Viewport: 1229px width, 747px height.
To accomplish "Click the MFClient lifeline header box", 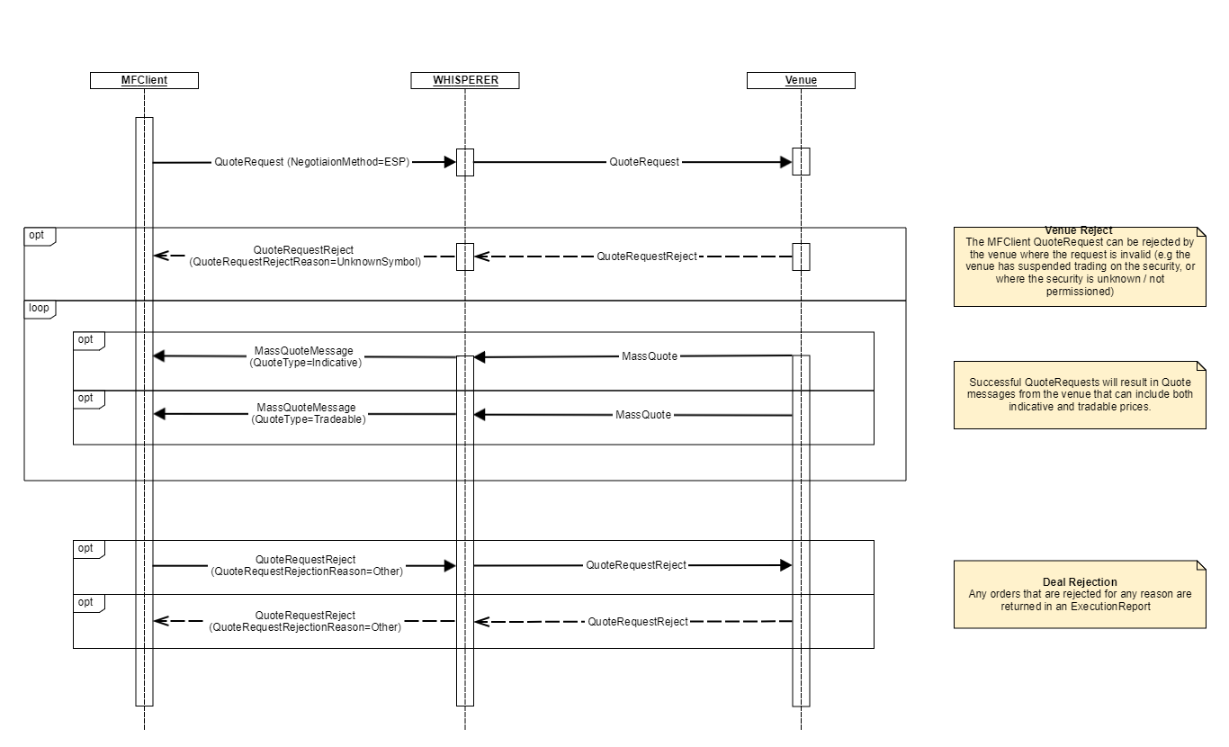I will click(x=144, y=80).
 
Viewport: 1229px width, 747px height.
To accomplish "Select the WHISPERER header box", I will click(x=465, y=80).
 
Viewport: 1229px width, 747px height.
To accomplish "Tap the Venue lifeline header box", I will click(x=801, y=80).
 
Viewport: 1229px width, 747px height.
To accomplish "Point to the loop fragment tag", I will click(x=39, y=308).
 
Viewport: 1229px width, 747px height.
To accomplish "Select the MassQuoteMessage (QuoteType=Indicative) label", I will click(x=305, y=356).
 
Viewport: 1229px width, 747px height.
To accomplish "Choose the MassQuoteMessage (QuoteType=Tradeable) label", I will click(x=305, y=413).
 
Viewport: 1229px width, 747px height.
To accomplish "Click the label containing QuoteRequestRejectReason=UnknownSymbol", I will click(x=304, y=256).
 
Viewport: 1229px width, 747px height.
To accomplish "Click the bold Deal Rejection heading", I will click(x=1079, y=582).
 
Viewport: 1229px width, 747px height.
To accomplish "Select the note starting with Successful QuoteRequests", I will click(x=1079, y=394).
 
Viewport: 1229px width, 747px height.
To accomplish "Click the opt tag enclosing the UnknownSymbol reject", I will click(x=37, y=235).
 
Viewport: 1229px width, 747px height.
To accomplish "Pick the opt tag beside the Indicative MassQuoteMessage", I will click(x=86, y=340).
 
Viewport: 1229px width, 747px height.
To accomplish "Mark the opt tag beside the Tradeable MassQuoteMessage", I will click(x=86, y=398).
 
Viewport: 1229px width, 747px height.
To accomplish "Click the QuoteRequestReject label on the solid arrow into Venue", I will click(x=636, y=565).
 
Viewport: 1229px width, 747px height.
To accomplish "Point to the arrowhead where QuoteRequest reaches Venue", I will click(x=785, y=163).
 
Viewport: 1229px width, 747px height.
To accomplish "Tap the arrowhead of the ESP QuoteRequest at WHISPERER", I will click(x=450, y=163).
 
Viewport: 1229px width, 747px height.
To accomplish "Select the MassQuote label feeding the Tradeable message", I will click(x=643, y=415).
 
